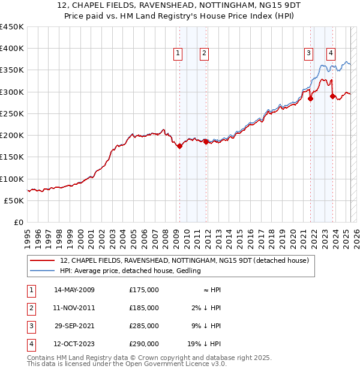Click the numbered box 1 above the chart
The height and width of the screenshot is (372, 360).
pos(178,53)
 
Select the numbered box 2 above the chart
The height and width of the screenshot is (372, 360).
pos(205,53)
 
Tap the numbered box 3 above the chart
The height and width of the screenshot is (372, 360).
pos(308,53)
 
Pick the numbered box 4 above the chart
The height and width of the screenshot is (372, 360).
pos(331,53)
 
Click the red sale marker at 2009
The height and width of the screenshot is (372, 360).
pos(179,146)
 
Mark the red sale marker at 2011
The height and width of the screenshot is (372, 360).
pos(206,142)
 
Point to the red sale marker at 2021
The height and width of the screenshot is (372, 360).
pos(311,99)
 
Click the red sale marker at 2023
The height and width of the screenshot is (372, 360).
pos(332,95)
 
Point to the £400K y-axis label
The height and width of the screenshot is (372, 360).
pos(12,49)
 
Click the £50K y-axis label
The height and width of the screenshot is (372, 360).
pos(14,200)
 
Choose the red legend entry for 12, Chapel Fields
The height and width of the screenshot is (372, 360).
pos(184,260)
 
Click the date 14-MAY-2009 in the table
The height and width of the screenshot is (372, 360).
pos(74,290)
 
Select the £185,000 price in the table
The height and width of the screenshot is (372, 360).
pos(143,308)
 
